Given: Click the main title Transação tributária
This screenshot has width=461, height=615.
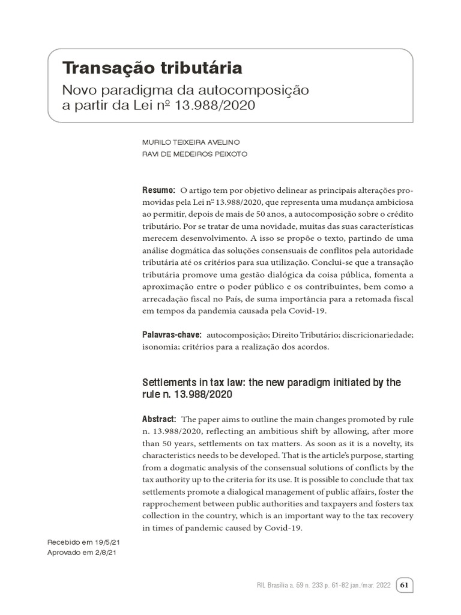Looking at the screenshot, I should point(152,68).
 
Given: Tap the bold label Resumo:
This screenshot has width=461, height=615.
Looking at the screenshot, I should point(158,190).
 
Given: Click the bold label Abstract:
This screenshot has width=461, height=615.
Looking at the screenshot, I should point(159,419).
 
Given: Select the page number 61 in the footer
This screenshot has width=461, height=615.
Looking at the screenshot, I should point(404,585).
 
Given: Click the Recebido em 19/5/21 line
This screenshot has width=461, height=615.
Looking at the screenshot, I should point(81,542).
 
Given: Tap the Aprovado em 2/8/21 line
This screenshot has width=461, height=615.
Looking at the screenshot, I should point(81,553).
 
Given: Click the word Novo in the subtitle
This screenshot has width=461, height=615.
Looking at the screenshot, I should point(82,90).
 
